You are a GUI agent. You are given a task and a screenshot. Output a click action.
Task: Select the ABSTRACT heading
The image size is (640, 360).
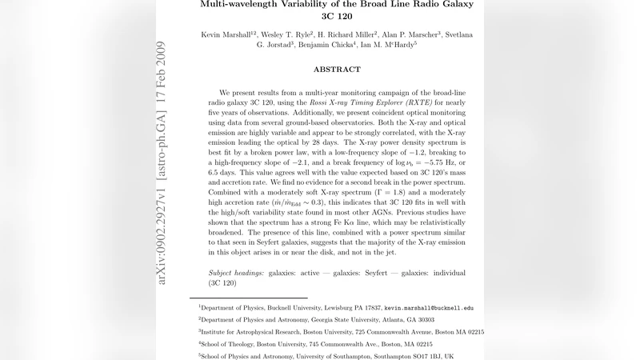pos(337,70)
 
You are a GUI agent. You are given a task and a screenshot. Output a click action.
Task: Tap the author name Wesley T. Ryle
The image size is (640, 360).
pos(290,34)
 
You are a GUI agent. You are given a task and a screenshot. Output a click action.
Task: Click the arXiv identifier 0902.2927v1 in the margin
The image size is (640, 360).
pos(162,233)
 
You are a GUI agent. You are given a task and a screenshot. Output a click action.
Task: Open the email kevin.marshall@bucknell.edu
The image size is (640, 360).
pos(429,307)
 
